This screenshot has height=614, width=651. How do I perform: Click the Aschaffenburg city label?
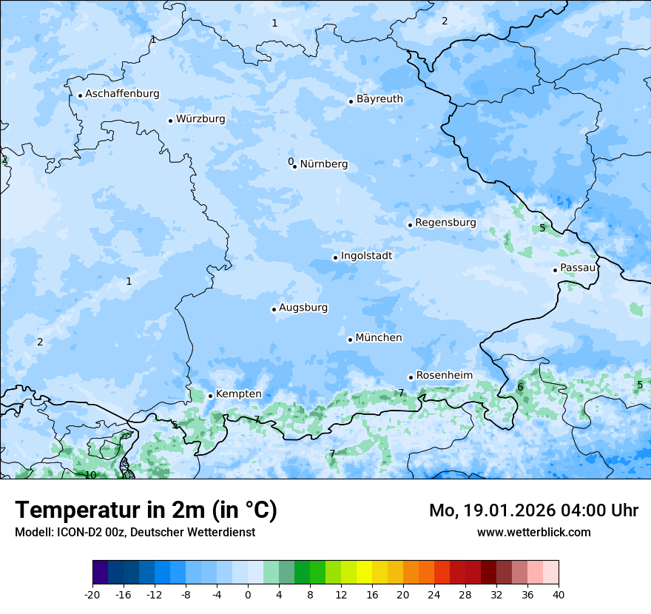click(122, 94)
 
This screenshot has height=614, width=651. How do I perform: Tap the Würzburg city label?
click(200, 119)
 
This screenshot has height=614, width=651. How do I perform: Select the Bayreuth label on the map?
click(380, 99)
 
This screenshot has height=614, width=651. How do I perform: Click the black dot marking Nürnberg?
click(294, 166)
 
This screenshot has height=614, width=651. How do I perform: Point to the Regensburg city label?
click(445, 223)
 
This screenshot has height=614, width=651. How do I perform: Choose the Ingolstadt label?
click(366, 256)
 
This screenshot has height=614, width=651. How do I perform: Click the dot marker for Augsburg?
click(274, 309)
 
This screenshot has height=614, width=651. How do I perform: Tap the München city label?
click(379, 338)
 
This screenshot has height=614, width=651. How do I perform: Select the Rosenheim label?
click(444, 376)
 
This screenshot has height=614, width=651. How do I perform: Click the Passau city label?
click(578, 268)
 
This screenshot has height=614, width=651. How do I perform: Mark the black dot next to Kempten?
click(210, 396)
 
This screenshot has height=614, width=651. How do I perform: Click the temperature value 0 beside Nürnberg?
click(290, 161)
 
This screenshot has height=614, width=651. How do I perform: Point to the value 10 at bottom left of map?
click(90, 475)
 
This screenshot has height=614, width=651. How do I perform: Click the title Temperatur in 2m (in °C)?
click(146, 510)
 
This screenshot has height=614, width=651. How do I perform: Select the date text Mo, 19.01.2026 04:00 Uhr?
click(533, 510)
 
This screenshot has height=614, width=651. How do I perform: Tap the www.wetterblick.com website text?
click(533, 533)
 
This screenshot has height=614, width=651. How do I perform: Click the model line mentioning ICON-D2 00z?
click(135, 533)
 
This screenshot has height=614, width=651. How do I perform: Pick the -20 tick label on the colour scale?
click(92, 595)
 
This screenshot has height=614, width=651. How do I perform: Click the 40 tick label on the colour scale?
click(559, 595)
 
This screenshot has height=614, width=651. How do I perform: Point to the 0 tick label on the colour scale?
click(248, 595)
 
